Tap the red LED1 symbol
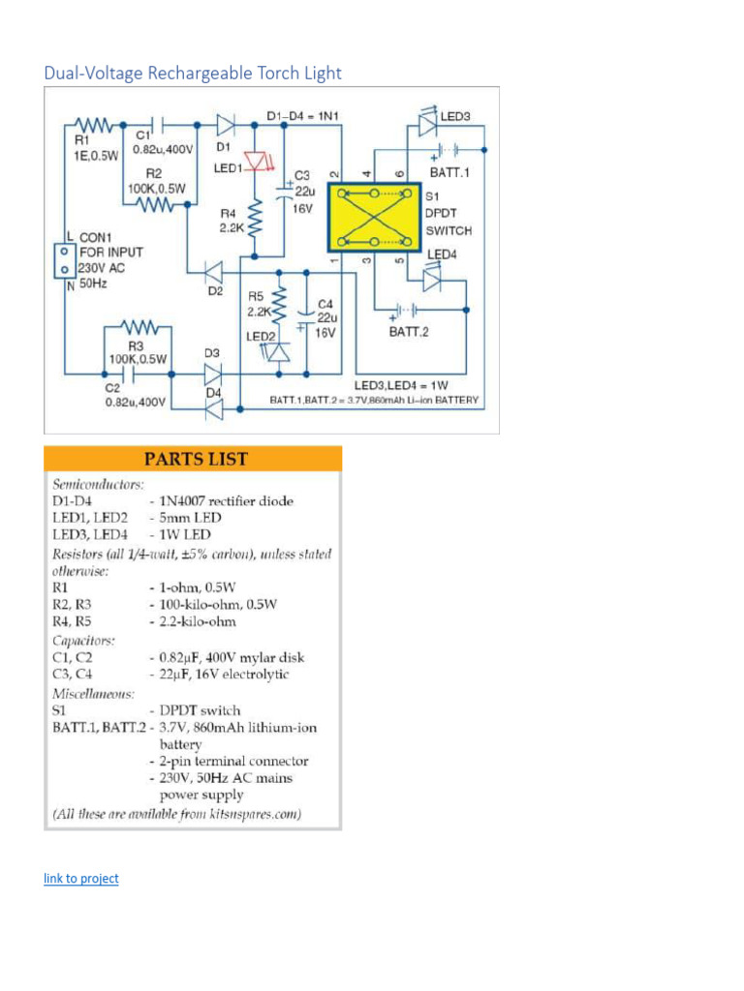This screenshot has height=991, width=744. pos(256,162)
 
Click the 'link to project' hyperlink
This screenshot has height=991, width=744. pos(81,879)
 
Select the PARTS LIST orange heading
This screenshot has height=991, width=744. pos(193,459)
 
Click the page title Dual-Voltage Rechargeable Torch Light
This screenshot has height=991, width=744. pos(193,73)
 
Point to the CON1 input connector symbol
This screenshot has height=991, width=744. pos(64,258)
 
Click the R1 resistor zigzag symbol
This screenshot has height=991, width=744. pos(97,125)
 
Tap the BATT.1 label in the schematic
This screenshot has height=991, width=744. pos(450,172)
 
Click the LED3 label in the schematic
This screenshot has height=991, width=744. pos(455,117)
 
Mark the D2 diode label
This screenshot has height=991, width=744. pos(214,290)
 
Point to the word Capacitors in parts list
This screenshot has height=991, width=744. pos(83,640)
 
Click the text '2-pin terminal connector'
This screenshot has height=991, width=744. pos(233,761)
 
